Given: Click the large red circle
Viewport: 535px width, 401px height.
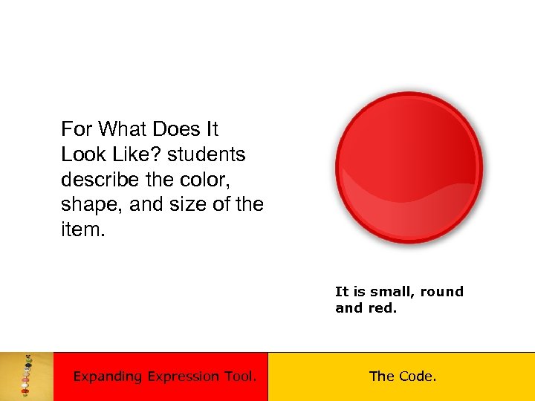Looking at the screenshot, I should tap(409, 168).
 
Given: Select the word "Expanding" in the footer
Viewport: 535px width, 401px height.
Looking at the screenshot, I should tap(107, 376).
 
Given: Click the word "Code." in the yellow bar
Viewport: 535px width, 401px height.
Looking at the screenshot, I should tap(417, 376).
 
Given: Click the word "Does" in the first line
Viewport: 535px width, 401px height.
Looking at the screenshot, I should tap(175, 129).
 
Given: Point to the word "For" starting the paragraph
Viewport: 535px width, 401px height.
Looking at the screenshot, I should tap(77, 129).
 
